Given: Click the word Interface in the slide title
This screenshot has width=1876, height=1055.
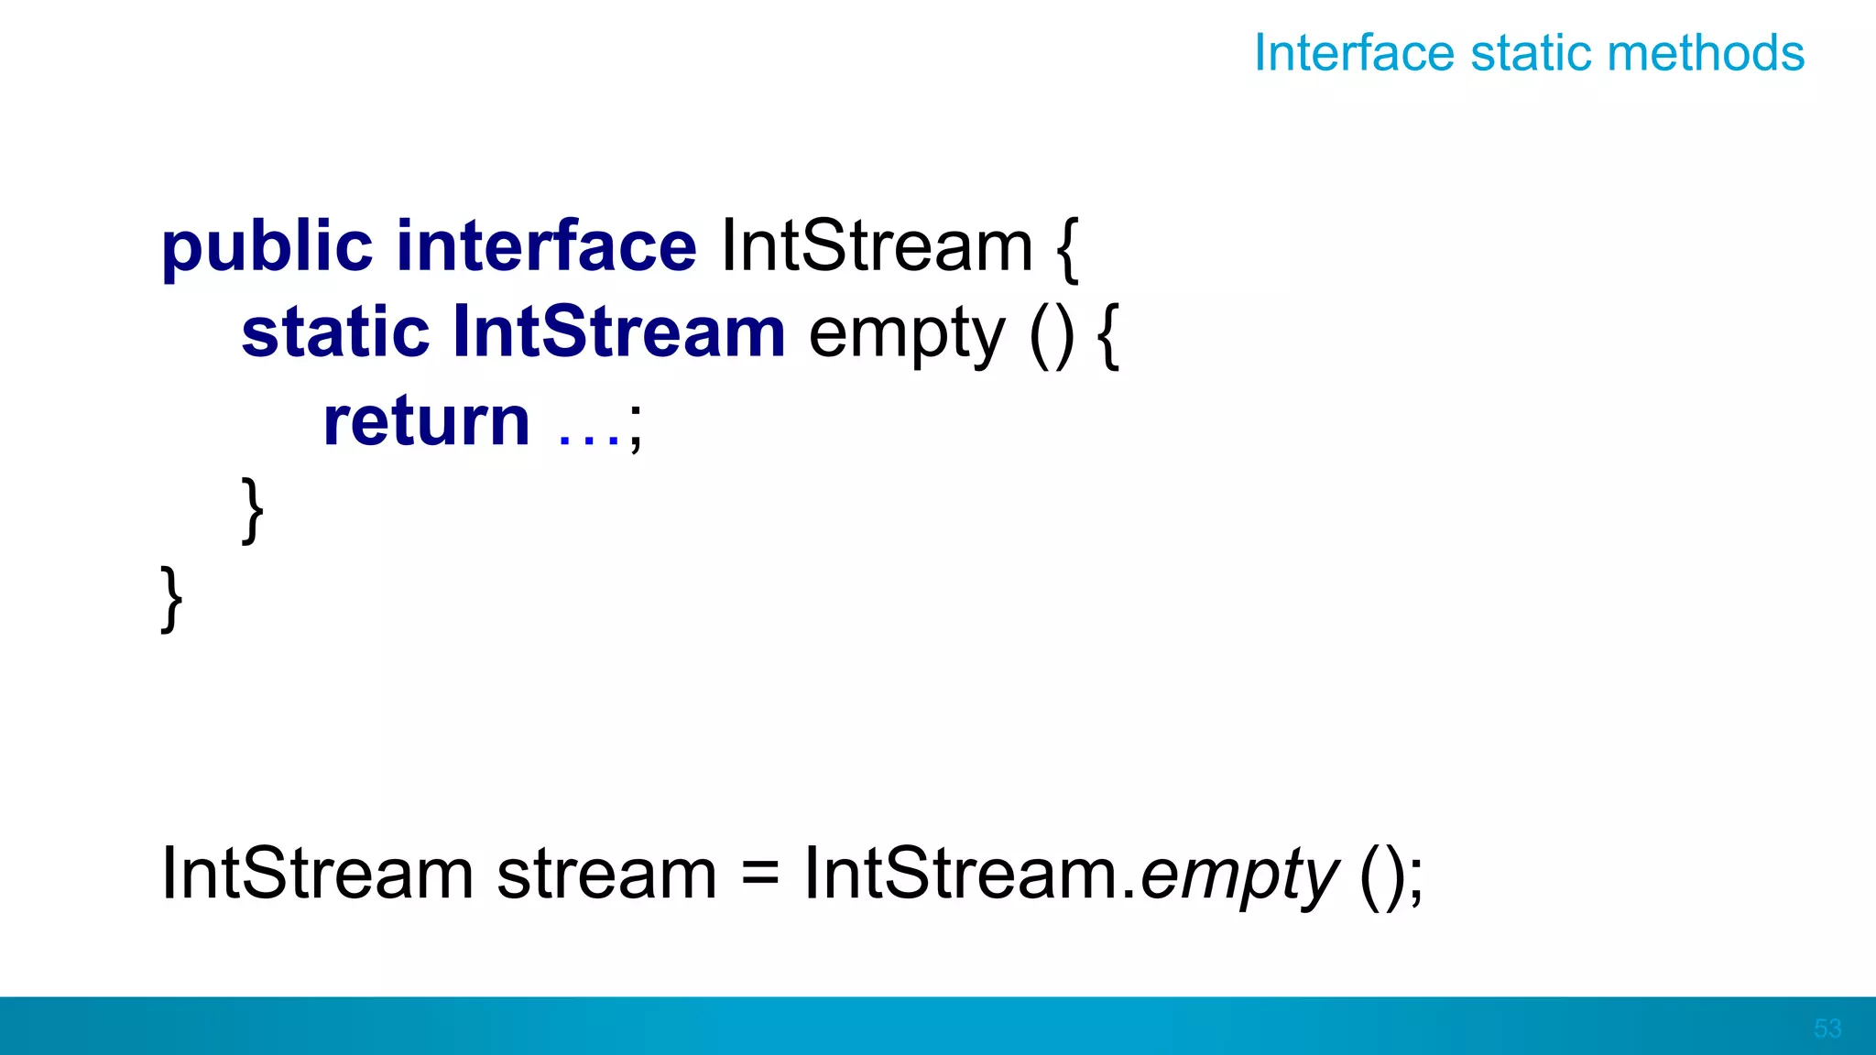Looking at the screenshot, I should tap(1353, 53).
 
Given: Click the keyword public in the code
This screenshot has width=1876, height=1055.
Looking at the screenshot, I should tap(267, 248).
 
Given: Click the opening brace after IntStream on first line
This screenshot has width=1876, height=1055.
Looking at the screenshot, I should tap(1068, 248).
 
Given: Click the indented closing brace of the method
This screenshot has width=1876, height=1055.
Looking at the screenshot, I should tap(253, 510).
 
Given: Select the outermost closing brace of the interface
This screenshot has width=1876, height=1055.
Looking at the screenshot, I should tap(171, 599).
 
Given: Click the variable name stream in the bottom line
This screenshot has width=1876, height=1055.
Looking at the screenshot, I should tap(606, 875).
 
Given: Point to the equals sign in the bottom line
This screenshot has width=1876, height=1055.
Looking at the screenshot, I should tap(759, 875).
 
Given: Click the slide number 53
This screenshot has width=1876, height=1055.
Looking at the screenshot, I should tap(1827, 1028).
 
